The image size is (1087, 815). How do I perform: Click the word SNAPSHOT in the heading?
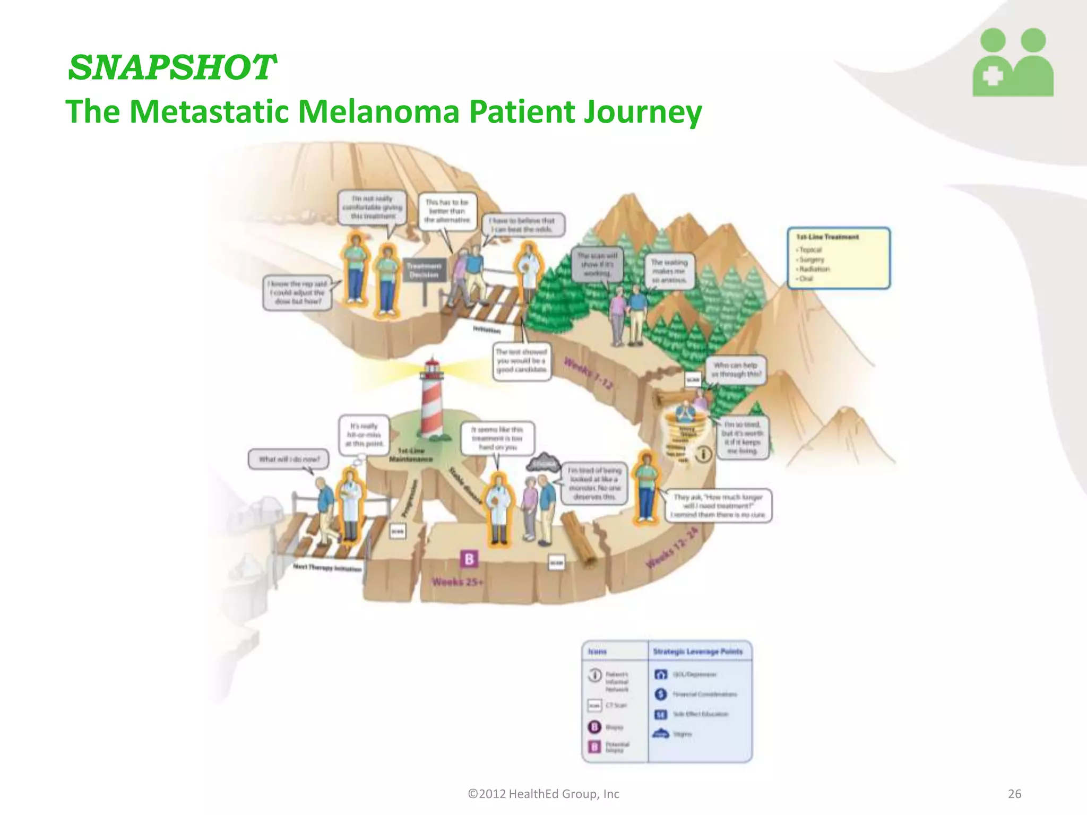coord(171,68)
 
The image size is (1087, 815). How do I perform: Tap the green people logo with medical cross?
coord(1013,63)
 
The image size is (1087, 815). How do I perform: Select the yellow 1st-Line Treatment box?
coord(838,258)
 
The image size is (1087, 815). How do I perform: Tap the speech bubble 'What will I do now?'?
coord(289,459)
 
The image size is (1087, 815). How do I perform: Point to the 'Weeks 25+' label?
coord(458,582)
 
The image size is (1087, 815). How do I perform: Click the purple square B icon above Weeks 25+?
coord(469,559)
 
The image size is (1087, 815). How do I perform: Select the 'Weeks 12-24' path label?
coord(672,548)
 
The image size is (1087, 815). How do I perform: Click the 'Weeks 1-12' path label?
coord(589,373)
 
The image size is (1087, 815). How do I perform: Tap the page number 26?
coord(1014,794)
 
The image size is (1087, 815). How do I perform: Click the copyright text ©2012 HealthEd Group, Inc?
coord(543,794)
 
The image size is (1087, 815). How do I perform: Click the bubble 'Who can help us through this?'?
coord(736,369)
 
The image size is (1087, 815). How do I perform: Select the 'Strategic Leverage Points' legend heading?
coord(697,652)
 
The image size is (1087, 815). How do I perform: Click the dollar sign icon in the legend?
coord(660,694)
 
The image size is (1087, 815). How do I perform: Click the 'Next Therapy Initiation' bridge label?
coord(327,568)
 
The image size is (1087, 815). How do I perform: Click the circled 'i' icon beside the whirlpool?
coord(703,454)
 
